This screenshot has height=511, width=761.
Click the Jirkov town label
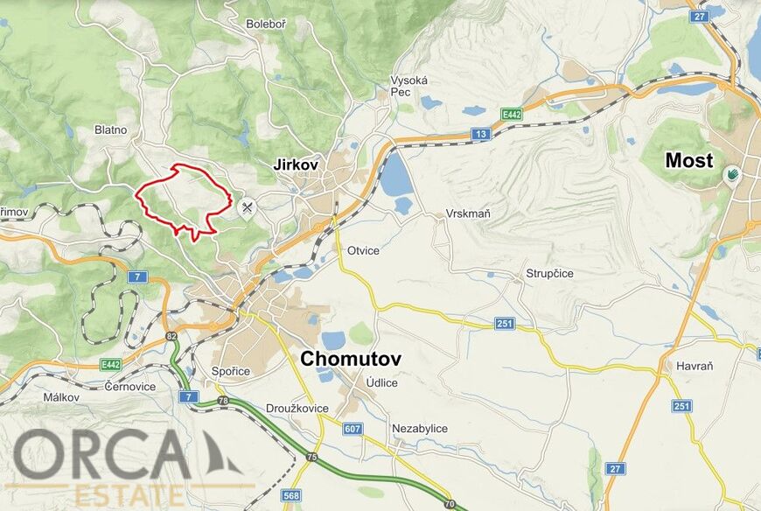(296, 164)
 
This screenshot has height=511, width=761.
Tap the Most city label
(689, 161)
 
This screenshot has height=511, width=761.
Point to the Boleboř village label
(266, 24)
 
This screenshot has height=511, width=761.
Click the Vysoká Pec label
(408, 86)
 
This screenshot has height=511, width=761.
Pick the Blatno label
(111, 129)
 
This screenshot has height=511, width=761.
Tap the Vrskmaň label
(466, 214)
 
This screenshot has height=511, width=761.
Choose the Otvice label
(363, 251)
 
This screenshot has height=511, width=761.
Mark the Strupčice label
(549, 274)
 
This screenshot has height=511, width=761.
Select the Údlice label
(381, 383)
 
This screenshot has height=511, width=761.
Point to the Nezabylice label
(420, 429)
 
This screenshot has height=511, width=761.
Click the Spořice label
(231, 372)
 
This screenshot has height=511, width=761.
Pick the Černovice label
(129, 386)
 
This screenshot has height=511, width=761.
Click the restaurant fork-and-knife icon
(248, 207)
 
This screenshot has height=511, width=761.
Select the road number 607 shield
(353, 429)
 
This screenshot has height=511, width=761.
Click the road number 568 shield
(291, 496)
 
